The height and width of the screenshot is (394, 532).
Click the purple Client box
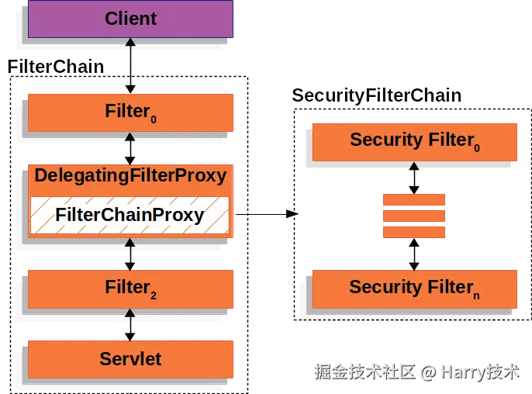tap(130, 19)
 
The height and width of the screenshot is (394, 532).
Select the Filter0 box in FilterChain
tap(130, 112)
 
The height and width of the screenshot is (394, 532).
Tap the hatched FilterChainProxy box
tap(130, 215)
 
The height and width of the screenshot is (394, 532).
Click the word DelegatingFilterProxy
tap(130, 175)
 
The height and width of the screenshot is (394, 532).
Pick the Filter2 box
tap(130, 288)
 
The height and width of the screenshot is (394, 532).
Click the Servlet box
tap(130, 358)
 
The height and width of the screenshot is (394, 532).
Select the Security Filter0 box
tap(414, 140)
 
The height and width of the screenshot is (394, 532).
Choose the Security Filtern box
tap(414, 288)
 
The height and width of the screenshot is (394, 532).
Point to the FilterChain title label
tap(56, 67)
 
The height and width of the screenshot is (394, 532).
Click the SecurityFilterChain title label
tap(377, 96)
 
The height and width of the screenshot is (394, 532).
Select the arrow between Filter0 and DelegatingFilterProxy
tap(130, 147)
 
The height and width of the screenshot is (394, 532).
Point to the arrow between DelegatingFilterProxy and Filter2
tap(130, 254)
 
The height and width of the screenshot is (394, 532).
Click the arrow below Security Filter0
tap(414, 178)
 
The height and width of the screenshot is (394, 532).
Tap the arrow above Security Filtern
tap(414, 254)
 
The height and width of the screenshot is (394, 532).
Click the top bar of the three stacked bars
tap(414, 200)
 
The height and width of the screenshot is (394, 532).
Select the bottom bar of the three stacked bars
tap(414, 232)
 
